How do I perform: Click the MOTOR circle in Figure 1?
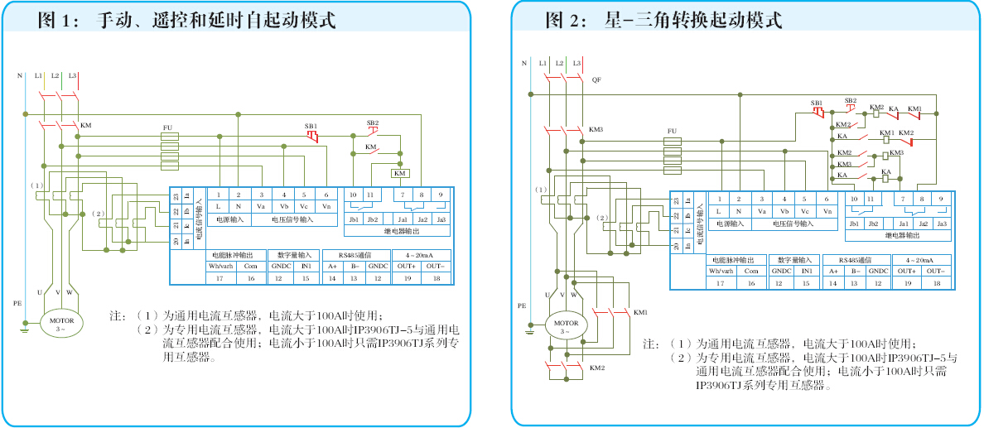coord(62,324)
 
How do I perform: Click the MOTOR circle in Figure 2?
coord(567,326)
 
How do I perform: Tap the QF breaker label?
coord(596,79)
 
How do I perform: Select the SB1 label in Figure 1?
coord(311,126)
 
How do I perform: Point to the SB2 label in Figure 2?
coord(850,101)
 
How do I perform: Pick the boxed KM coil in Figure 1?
coord(400,173)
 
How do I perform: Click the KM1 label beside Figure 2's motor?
coord(641,312)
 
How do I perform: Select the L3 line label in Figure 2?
coord(576,63)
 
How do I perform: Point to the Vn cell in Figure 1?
coord(326,206)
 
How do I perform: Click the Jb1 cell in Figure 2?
coord(854,224)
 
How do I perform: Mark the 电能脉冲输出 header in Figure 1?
coord(236,254)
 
